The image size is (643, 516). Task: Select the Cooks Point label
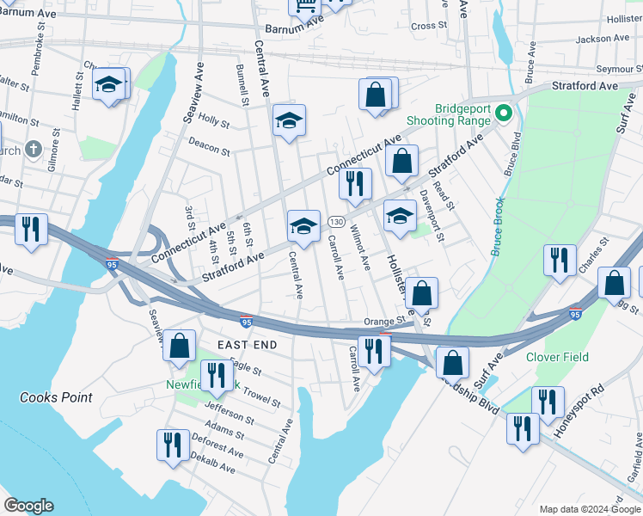click(56, 397)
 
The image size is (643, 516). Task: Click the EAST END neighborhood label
click(247, 345)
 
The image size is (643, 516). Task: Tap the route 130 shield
click(335, 223)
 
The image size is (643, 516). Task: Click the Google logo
click(28, 506)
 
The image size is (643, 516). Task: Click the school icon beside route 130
click(303, 225)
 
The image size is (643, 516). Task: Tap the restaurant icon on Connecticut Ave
click(354, 181)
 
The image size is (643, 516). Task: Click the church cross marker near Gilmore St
click(34, 150)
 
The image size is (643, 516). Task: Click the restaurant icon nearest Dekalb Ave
click(173, 445)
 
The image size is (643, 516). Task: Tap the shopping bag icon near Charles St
click(614, 283)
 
